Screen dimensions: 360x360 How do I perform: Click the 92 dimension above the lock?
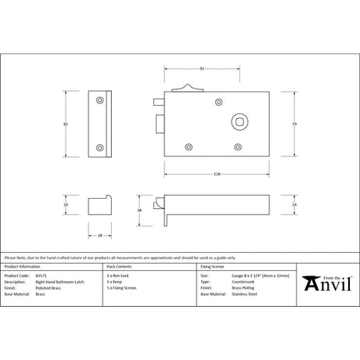pos(201,69)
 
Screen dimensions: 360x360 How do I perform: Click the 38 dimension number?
pos(139,210)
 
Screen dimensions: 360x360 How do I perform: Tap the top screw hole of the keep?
pos(99,100)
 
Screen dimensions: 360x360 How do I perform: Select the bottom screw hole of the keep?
pos(99,147)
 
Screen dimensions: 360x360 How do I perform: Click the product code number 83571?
pos(41,275)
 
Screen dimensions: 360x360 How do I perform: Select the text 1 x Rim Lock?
pos(118,275)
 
